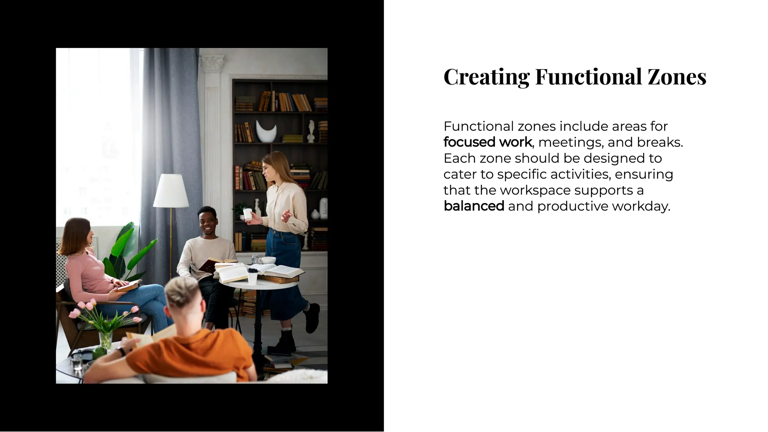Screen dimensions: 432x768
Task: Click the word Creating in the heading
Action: (x=486, y=77)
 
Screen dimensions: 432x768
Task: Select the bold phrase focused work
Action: (x=487, y=142)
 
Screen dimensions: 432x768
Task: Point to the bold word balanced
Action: (x=474, y=206)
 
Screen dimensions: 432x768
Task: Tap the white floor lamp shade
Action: (x=171, y=191)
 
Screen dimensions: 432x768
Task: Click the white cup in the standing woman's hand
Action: (x=247, y=214)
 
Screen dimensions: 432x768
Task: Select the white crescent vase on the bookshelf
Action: (x=266, y=132)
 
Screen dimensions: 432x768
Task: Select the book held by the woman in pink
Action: (x=128, y=286)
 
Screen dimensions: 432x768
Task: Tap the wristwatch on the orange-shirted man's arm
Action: (x=121, y=351)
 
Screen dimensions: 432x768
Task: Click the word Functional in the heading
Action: (x=588, y=77)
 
